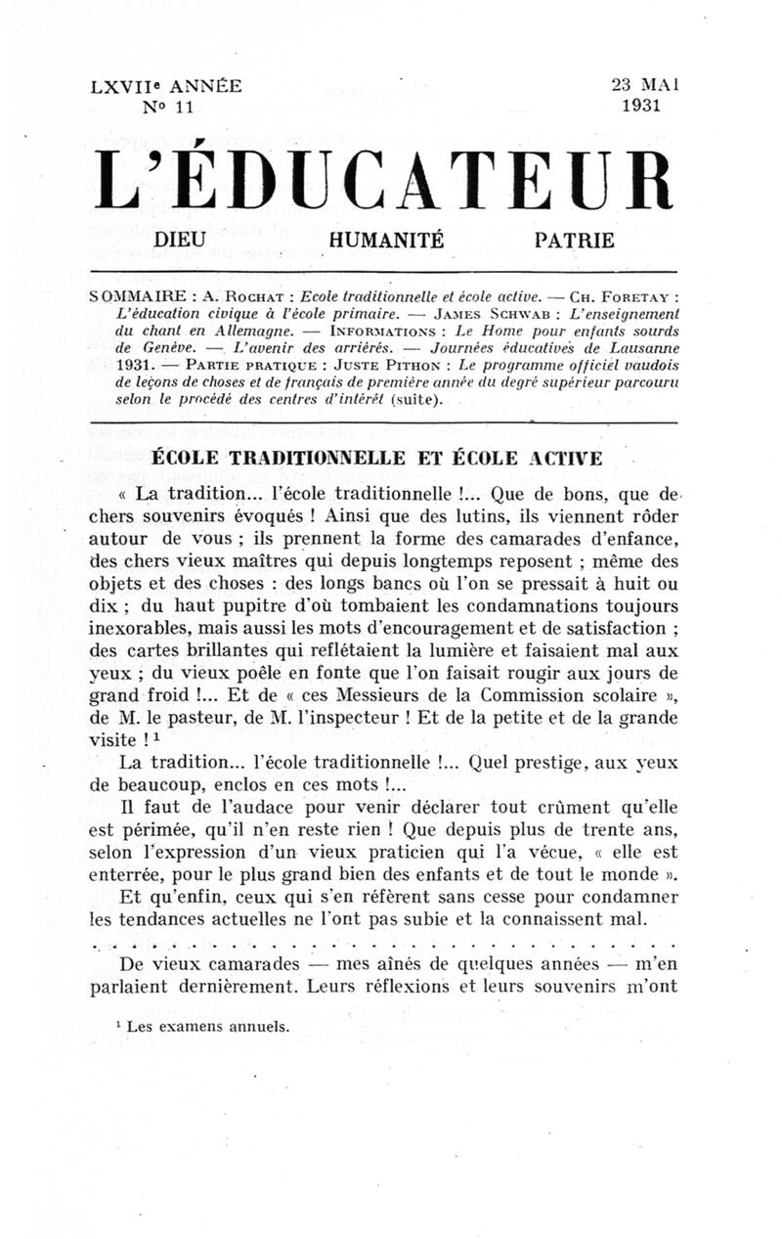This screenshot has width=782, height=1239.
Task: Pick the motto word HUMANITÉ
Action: click(387, 239)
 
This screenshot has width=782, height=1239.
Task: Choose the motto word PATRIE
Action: click(575, 239)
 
